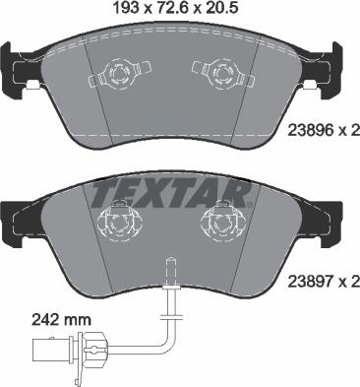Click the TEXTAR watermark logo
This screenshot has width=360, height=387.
(179, 191)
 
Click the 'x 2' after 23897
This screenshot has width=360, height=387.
(343, 282)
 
